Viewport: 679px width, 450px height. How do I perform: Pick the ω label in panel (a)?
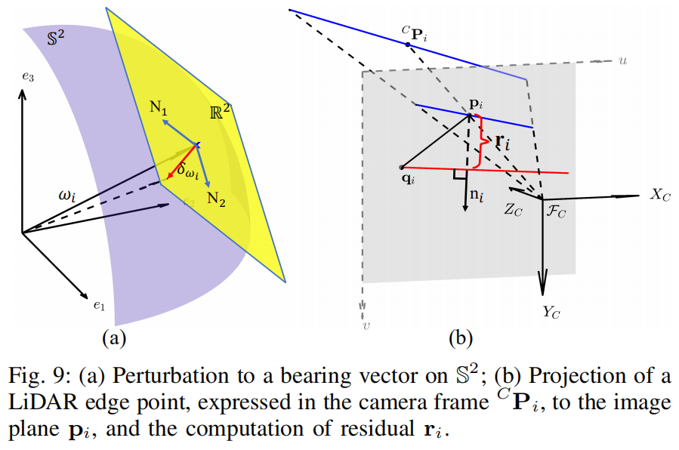click(69, 196)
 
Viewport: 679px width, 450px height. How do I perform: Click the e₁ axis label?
click(98, 307)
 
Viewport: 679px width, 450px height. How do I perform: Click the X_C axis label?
click(660, 195)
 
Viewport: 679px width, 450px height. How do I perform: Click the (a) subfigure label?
click(114, 337)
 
